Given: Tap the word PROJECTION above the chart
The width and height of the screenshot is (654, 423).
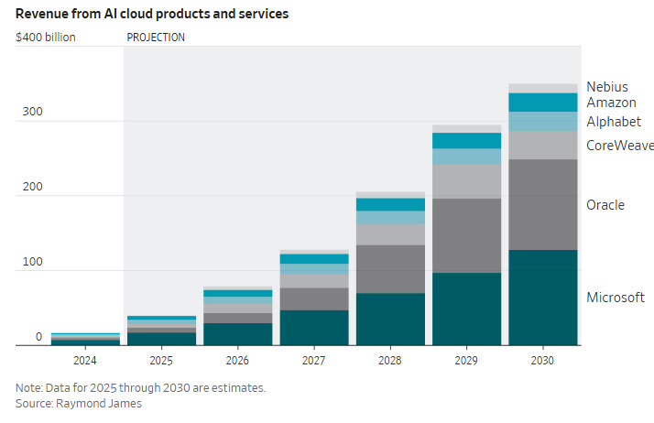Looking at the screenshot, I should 156,38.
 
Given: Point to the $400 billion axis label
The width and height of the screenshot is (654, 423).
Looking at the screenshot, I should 46,38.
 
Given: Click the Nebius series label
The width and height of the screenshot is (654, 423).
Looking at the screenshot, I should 606,87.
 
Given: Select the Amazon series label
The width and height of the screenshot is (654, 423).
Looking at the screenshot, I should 611,103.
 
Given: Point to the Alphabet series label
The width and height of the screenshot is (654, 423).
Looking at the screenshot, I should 614,122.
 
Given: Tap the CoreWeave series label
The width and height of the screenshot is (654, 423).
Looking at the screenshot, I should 619,145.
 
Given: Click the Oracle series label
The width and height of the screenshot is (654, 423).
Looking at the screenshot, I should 605,205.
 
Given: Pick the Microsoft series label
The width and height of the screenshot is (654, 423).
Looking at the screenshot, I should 616,298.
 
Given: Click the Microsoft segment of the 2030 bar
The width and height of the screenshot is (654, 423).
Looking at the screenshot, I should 542,298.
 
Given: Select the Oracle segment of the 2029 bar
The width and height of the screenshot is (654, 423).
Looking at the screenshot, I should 466,235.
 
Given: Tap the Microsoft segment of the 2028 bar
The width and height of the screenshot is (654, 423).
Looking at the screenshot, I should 390,319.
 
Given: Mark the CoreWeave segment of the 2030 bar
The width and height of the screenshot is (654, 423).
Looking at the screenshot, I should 542,145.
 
